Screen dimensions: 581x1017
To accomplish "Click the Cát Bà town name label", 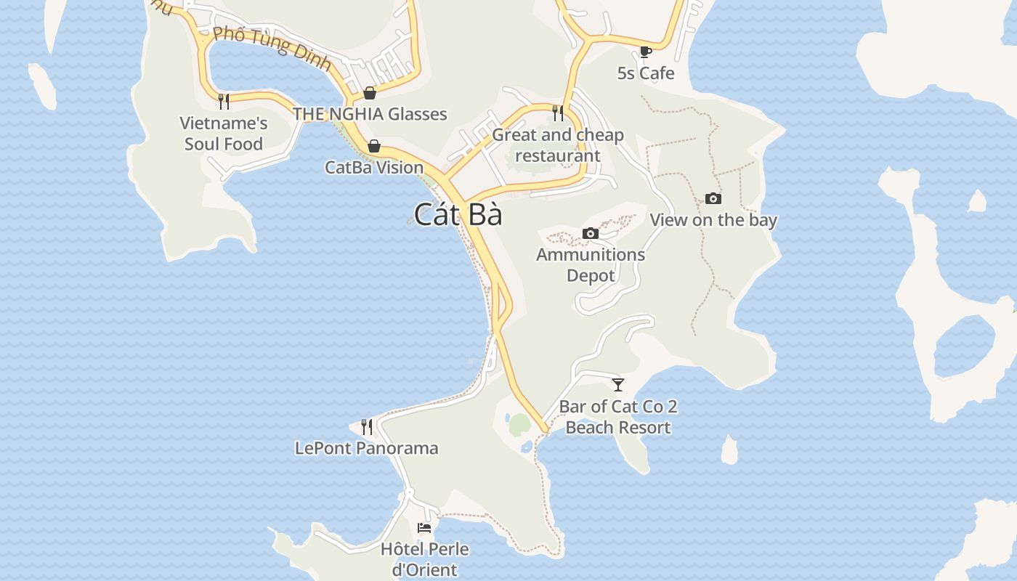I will pyautogui.click(x=458, y=214).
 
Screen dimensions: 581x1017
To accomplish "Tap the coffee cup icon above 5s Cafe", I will pyautogui.click(x=645, y=52).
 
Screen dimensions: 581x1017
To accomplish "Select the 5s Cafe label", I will pyautogui.click(x=645, y=73).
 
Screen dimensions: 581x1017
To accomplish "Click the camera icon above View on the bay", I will pyautogui.click(x=713, y=199).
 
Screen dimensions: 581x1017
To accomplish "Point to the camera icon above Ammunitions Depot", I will pyautogui.click(x=591, y=233).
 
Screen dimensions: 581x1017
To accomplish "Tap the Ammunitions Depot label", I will pyautogui.click(x=591, y=265).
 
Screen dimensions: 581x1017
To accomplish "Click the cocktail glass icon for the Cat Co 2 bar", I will pyautogui.click(x=618, y=384).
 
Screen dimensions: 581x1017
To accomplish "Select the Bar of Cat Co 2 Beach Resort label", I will pyautogui.click(x=618, y=417).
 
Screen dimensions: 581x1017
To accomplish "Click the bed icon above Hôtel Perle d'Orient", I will pyautogui.click(x=424, y=527).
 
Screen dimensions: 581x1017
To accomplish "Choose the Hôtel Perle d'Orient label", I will pyautogui.click(x=425, y=559).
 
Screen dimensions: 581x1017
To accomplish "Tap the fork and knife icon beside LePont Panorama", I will pyautogui.click(x=367, y=426).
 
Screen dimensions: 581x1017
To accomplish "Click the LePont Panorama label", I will pyautogui.click(x=367, y=448).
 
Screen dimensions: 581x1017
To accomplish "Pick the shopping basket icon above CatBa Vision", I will pyautogui.click(x=374, y=146).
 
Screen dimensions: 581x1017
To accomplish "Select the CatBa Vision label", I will pyautogui.click(x=374, y=168).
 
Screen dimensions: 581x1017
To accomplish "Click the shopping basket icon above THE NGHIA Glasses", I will pyautogui.click(x=370, y=93).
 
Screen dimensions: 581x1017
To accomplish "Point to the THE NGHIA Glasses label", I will pyautogui.click(x=370, y=114).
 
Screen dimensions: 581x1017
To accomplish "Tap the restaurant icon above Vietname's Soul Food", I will pyautogui.click(x=224, y=101).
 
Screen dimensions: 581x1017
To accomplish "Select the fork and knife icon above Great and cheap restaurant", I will pyautogui.click(x=558, y=113).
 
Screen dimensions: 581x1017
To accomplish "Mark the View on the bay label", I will pyautogui.click(x=713, y=220).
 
